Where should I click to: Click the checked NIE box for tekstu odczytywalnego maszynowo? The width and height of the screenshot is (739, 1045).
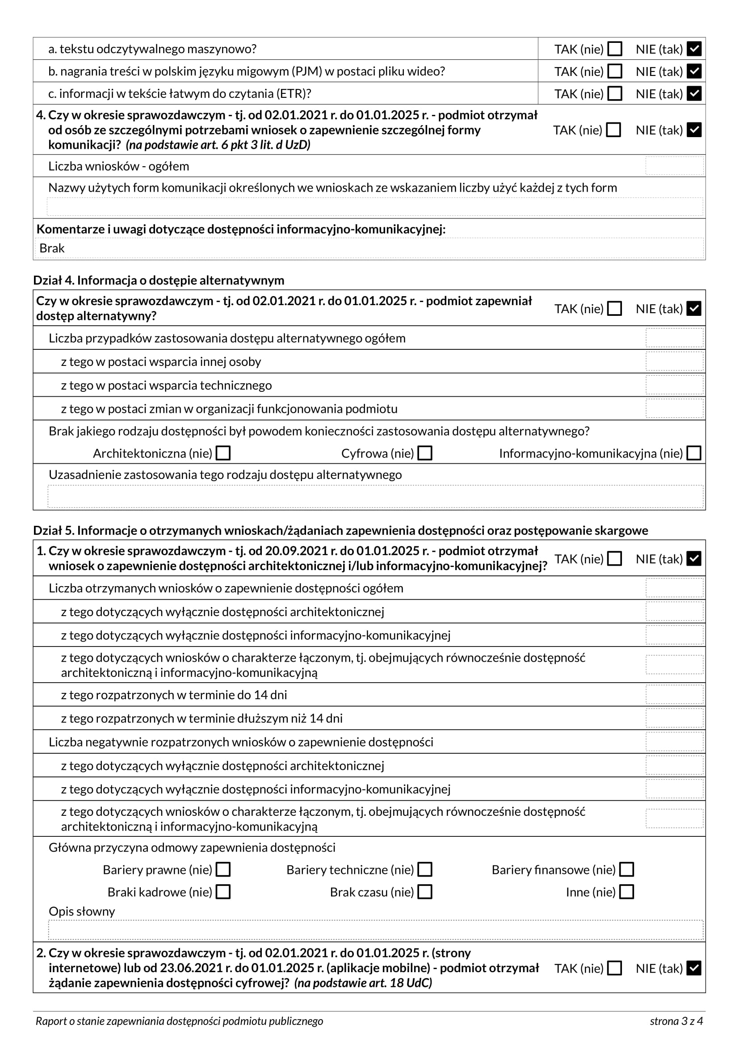click(x=693, y=49)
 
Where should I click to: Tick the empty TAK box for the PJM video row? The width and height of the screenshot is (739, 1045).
click(x=615, y=71)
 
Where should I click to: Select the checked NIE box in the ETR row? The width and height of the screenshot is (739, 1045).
click(x=693, y=93)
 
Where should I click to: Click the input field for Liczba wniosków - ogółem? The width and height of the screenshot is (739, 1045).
click(x=674, y=166)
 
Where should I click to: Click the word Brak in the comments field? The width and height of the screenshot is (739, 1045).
click(x=52, y=248)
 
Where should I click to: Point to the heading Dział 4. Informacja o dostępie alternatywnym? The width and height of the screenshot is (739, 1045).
click(x=158, y=280)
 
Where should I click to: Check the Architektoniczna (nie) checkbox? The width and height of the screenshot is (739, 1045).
click(x=223, y=453)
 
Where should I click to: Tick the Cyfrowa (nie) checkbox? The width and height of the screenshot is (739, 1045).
click(x=424, y=453)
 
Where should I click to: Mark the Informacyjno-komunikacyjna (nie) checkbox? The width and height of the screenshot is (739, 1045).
click(x=693, y=453)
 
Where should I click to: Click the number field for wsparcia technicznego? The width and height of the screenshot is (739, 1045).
click(x=674, y=385)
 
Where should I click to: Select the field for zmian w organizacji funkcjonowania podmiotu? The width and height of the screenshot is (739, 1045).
click(x=674, y=409)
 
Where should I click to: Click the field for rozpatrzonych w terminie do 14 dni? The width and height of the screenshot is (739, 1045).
click(x=674, y=695)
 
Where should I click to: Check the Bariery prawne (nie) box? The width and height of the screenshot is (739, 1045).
click(x=223, y=869)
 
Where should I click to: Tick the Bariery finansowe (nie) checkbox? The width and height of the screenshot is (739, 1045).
click(x=626, y=869)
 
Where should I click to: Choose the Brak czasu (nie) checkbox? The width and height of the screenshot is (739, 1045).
click(x=424, y=892)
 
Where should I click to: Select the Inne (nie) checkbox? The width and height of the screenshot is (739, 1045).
click(x=626, y=892)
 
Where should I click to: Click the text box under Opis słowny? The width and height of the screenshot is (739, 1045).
click(x=375, y=930)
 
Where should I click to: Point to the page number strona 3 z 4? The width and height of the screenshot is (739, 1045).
click(x=676, y=1021)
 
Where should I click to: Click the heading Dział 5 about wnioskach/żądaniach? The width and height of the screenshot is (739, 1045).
click(x=340, y=530)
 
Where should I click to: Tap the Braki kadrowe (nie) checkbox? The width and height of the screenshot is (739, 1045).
click(x=223, y=892)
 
